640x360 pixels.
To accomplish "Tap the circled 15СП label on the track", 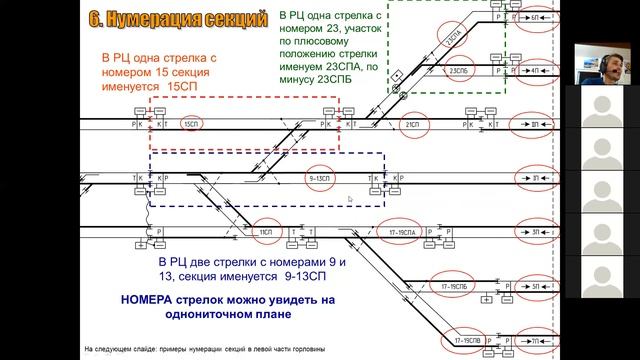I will pos(190,124).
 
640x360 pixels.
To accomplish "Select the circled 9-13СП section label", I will pos(320,177).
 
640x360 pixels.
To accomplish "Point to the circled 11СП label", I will pos(266,232).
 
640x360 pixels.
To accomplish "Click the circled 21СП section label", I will pos(411,124).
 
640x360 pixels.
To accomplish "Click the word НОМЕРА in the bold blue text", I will pos(147,298).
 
